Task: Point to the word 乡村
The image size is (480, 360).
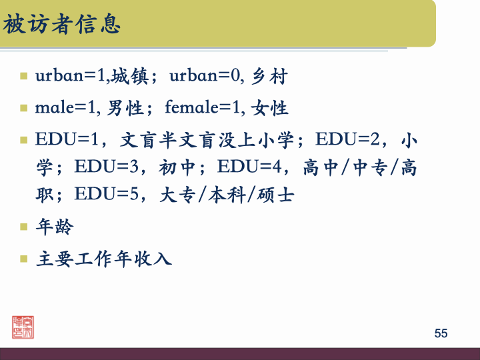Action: [x=270, y=77]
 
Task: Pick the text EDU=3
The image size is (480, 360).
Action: [x=109, y=167]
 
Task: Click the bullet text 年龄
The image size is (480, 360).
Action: [x=55, y=227]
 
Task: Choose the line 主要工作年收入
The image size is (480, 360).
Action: [x=104, y=258]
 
